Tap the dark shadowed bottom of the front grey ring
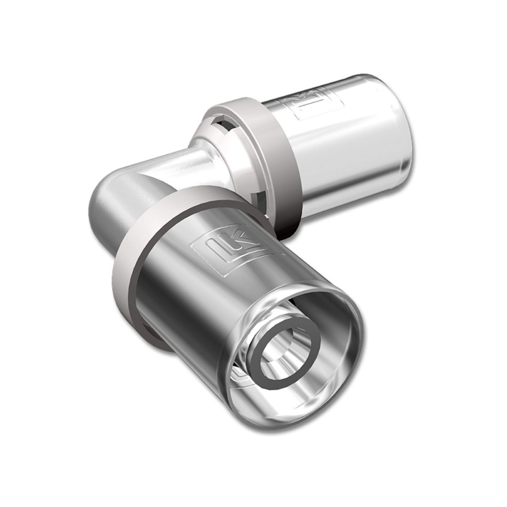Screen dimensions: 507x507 click(158, 339)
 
